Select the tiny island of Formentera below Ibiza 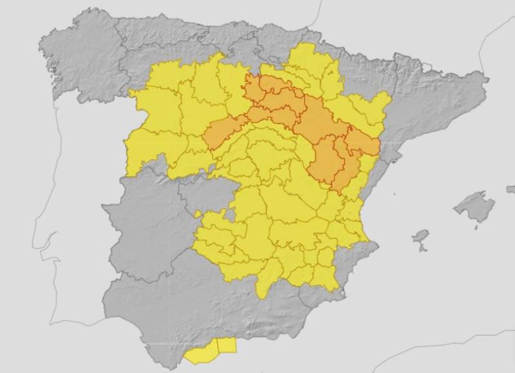click(x=423, y=249)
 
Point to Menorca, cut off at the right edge click(x=511, y=189)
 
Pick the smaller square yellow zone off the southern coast click(x=227, y=345)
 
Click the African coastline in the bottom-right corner click(x=451, y=361)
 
